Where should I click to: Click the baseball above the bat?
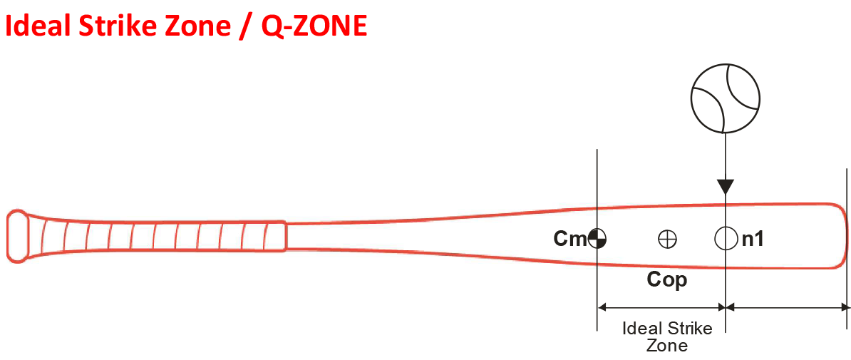click(x=726, y=98)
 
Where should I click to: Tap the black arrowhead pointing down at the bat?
click(x=726, y=187)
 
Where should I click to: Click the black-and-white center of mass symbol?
click(x=597, y=238)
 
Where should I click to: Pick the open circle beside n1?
click(x=726, y=238)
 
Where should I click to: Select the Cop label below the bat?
click(x=667, y=280)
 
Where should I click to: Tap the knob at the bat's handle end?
click(x=18, y=236)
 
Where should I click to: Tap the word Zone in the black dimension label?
click(x=668, y=345)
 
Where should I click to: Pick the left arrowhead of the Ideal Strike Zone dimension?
click(x=602, y=307)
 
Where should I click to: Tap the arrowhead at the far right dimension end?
click(x=844, y=307)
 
